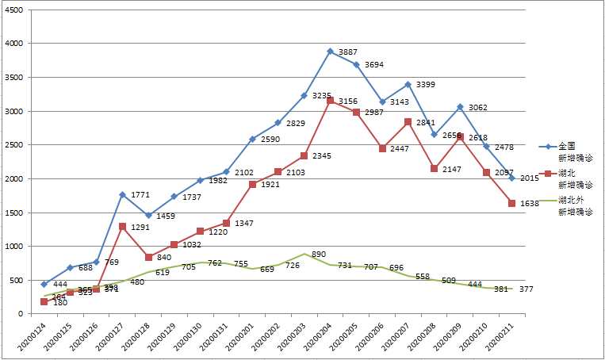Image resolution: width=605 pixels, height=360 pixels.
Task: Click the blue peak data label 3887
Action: pyautogui.click(x=348, y=52)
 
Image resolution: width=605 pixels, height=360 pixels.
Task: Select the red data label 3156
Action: pyautogui.click(x=348, y=101)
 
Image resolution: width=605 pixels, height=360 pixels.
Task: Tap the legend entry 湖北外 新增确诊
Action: pyautogui.click(x=576, y=205)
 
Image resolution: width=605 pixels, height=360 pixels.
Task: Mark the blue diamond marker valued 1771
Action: pyautogui.click(x=122, y=194)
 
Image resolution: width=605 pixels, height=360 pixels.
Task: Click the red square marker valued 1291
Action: pyautogui.click(x=122, y=227)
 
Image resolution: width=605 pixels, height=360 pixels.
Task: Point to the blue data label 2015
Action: pyautogui.click(x=529, y=178)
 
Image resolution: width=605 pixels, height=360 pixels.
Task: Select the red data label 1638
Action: pyautogui.click(x=529, y=204)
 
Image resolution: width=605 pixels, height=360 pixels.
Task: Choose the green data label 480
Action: pyautogui.click(x=137, y=282)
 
